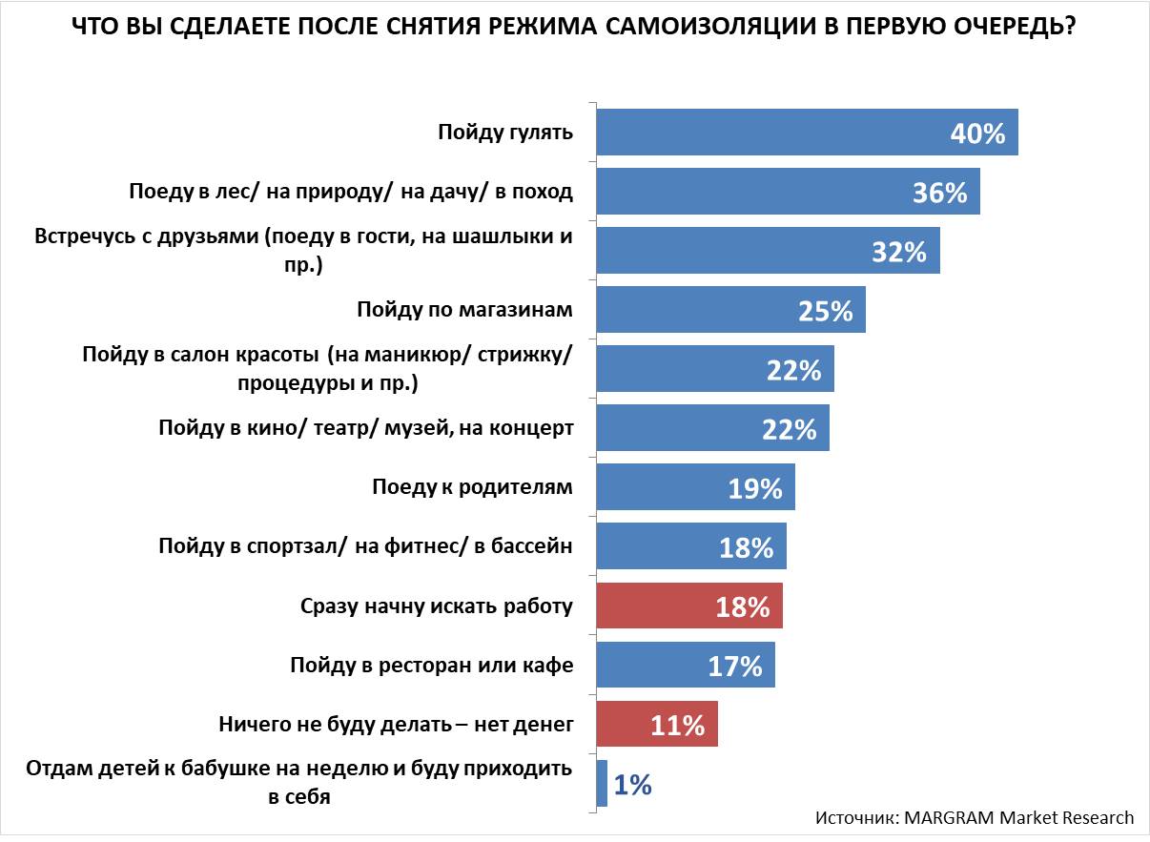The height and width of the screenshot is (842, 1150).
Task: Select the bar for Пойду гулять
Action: click(x=763, y=133)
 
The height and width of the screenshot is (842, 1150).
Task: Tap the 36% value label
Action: click(x=939, y=193)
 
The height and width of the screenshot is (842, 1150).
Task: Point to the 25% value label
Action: click(x=825, y=311)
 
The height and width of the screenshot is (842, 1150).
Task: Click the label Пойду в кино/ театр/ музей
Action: click(x=365, y=428)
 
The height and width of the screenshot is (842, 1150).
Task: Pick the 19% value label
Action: click(x=754, y=488)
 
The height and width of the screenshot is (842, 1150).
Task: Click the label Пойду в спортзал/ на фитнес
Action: click(x=365, y=546)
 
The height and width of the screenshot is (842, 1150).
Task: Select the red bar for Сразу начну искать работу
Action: click(x=667, y=606)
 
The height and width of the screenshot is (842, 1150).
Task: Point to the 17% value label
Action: click(x=735, y=667)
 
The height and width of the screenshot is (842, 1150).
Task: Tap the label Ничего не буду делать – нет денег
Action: click(x=396, y=725)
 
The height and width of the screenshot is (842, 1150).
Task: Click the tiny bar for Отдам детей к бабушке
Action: click(x=602, y=784)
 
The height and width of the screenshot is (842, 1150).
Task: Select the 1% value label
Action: click(x=631, y=785)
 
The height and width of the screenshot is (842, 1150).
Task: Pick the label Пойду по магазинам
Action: click(x=464, y=310)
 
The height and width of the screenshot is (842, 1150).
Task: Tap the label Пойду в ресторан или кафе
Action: click(x=431, y=666)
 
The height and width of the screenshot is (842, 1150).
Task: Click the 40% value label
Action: click(x=977, y=133)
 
